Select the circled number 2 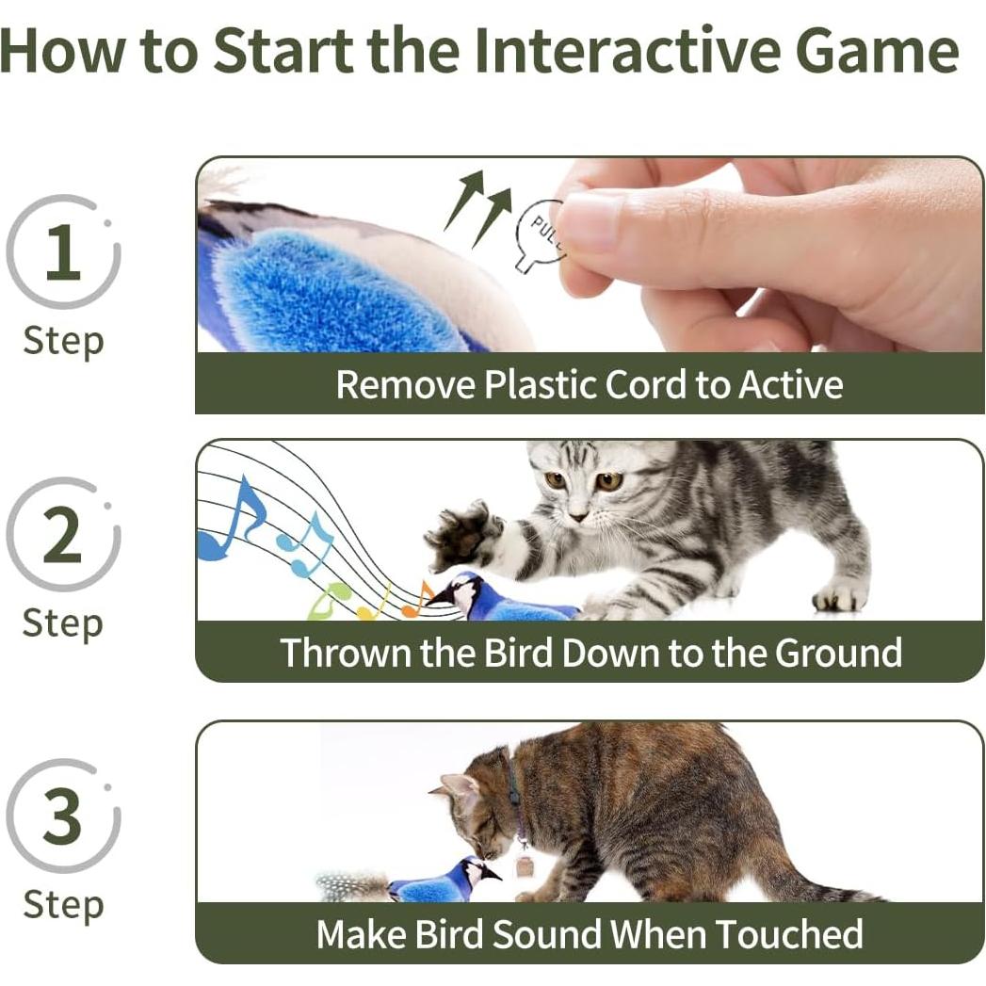coord(62,534)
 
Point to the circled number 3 coord(62,816)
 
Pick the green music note coord(329,601)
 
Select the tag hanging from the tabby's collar coord(525,865)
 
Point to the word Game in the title coord(877,52)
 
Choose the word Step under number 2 coord(62,623)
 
